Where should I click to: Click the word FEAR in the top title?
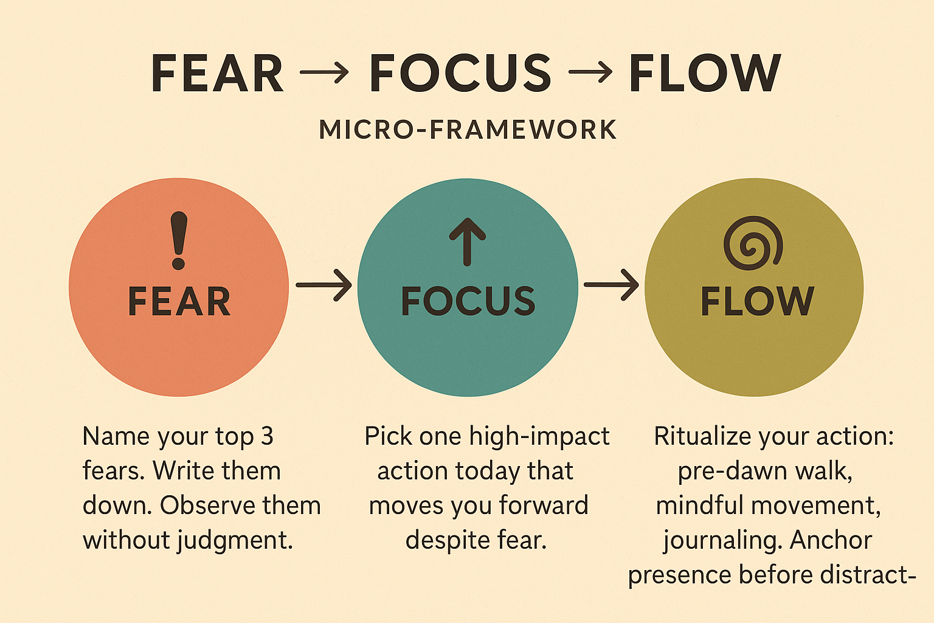(x=217, y=74)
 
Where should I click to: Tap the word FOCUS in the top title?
(x=460, y=74)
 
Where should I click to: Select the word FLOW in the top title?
(x=704, y=74)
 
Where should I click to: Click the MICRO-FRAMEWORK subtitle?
(x=468, y=130)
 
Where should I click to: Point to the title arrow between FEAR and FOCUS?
(x=324, y=72)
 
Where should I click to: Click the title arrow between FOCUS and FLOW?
(x=590, y=72)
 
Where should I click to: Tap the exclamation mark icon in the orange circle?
(x=179, y=240)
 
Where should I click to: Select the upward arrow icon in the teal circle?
(x=467, y=242)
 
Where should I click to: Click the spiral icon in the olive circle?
(x=753, y=243)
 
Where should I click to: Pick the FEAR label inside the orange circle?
(x=179, y=302)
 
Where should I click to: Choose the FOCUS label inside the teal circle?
(x=468, y=301)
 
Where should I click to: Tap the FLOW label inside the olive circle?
(x=757, y=301)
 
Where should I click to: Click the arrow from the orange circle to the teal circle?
(x=323, y=285)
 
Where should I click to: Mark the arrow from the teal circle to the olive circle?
(x=611, y=285)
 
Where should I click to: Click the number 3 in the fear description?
(x=268, y=436)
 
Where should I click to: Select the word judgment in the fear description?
(x=235, y=541)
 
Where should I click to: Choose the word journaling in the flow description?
(x=724, y=541)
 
